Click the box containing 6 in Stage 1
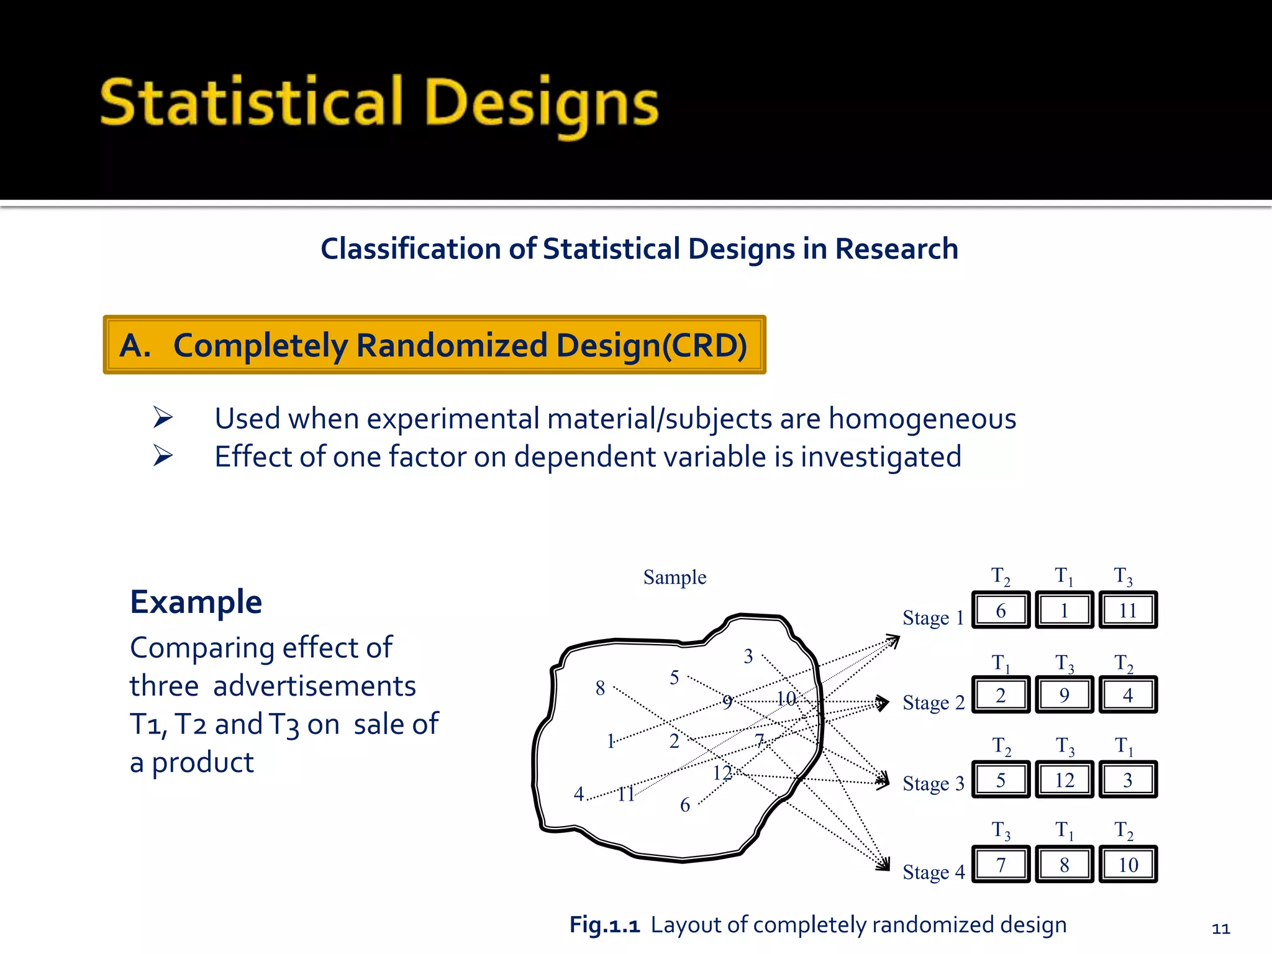click(x=1001, y=611)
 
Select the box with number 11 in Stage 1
click(x=1128, y=611)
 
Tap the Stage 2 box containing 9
click(x=1064, y=695)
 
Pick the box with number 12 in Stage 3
click(x=1064, y=780)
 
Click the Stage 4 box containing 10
click(x=1128, y=865)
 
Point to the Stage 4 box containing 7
click(x=1001, y=865)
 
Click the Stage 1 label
click(x=933, y=618)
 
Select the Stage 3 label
click(x=933, y=784)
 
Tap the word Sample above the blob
click(x=675, y=578)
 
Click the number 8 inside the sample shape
click(x=600, y=688)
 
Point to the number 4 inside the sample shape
click(x=579, y=794)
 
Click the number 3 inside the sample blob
click(x=748, y=656)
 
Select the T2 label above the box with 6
click(x=1000, y=576)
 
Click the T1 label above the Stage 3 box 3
click(x=1124, y=745)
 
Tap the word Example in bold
click(x=196, y=602)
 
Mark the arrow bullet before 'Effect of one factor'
click(x=163, y=456)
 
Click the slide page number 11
click(x=1220, y=929)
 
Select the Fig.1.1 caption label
click(x=604, y=925)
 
